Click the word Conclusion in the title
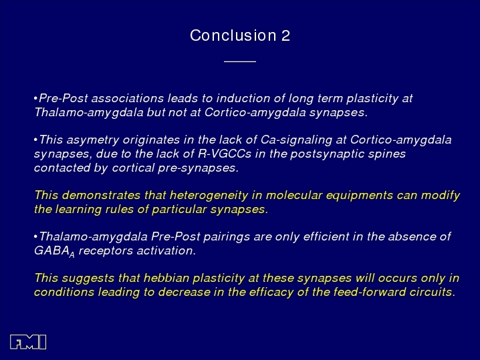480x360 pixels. [233, 35]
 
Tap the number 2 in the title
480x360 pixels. [285, 35]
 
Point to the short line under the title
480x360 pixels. [240, 61]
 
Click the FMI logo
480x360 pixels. [28, 342]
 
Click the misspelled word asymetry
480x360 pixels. [93, 140]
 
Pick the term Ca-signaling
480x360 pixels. [296, 140]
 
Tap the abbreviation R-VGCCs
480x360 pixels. [225, 154]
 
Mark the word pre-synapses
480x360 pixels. [199, 168]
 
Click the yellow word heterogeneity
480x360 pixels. [209, 195]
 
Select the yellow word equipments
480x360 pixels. [360, 195]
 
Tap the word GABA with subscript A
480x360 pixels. [54, 251]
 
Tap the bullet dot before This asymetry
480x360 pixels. [36, 140]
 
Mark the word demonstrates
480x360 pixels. [101, 195]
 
